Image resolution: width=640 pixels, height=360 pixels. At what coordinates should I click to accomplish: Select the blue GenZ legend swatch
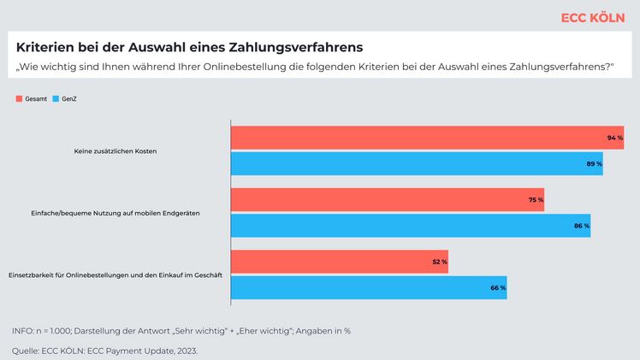56,99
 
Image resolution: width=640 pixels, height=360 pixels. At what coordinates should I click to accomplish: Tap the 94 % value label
614,138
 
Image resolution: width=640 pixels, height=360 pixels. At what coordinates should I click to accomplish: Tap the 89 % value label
594,162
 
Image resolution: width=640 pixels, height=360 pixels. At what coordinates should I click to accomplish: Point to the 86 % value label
582,226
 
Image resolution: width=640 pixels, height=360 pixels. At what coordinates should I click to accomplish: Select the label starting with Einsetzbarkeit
116,274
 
